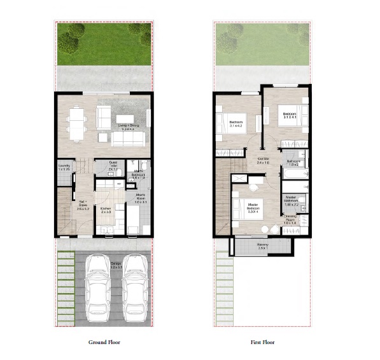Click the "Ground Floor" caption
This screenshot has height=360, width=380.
[104, 342]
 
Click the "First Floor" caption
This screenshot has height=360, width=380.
[262, 342]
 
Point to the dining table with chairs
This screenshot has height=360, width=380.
[77, 123]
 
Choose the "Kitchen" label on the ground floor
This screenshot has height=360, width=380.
[106, 209]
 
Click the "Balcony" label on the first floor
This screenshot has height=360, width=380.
[263, 245]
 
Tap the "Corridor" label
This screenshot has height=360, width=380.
[263, 160]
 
